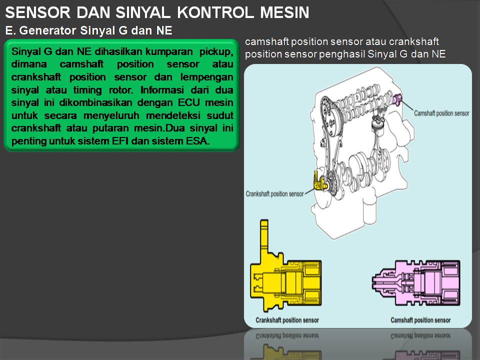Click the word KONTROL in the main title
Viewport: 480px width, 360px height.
pyautogui.click(x=216, y=12)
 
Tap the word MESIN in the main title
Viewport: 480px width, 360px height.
pyautogui.click(x=284, y=12)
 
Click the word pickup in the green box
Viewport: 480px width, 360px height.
pyautogui.click(x=216, y=51)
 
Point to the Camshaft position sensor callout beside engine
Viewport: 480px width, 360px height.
pyautogui.click(x=441, y=113)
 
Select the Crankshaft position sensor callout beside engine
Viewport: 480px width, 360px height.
pyautogui.click(x=274, y=194)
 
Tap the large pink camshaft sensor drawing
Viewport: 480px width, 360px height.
pyautogui.click(x=416, y=283)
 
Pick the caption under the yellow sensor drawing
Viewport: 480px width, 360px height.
pyautogui.click(x=287, y=320)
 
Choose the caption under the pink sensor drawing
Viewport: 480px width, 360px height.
pyautogui.click(x=420, y=320)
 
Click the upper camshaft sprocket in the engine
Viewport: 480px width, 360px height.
pyautogui.click(x=331, y=115)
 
